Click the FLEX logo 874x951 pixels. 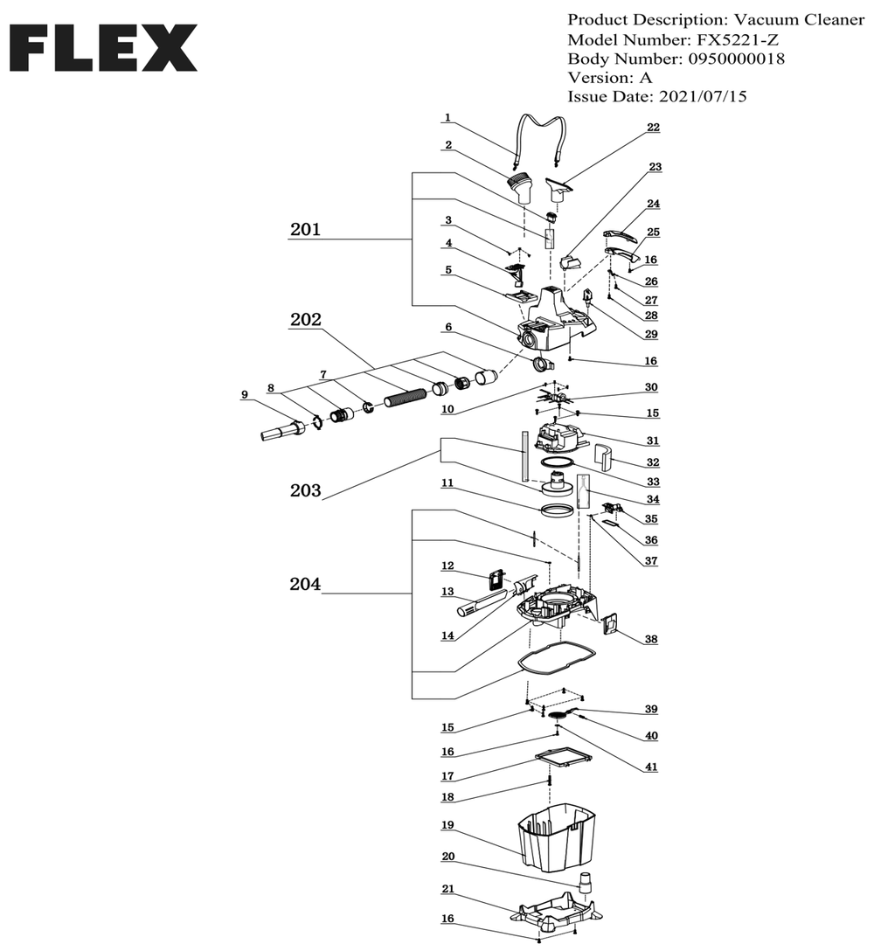103,48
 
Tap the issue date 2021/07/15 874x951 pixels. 703,96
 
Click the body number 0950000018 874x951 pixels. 736,59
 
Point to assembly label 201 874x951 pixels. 305,230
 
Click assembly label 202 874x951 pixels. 305,320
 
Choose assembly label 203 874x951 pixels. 305,490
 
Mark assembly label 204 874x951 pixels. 305,584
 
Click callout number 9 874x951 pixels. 245,395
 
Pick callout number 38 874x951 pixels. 651,639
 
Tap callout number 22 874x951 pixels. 653,128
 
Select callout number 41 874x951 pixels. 651,767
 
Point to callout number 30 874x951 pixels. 651,387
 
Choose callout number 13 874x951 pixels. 447,592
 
